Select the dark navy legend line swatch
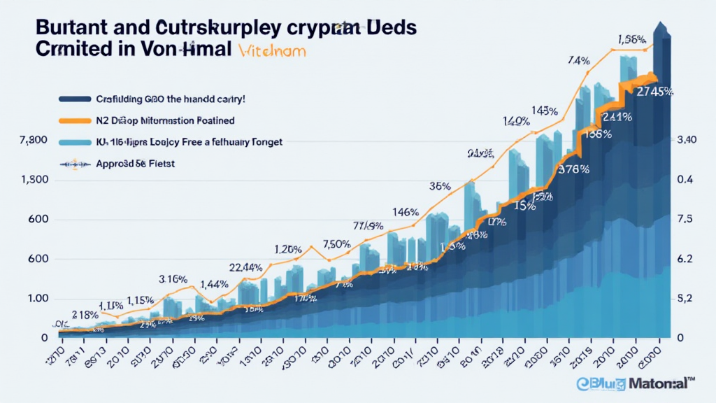pos(76,99)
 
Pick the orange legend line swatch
pos(76,120)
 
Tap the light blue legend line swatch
pos(76,141)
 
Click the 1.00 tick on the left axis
pos(33,299)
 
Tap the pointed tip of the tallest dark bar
pos(659,25)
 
